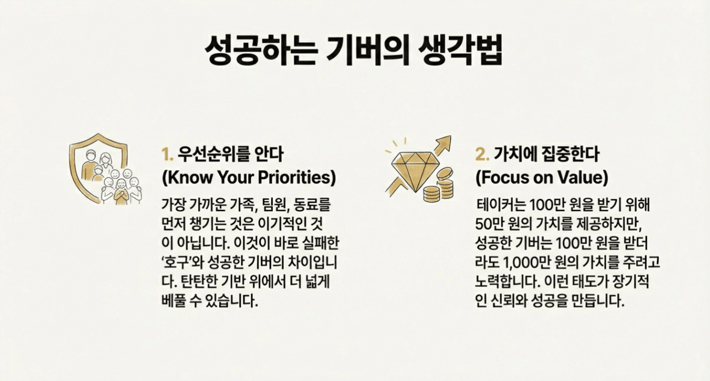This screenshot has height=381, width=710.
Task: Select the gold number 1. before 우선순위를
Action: [x=168, y=154]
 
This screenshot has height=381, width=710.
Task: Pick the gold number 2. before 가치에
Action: [x=483, y=154]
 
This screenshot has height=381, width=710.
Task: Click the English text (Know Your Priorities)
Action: [x=249, y=177]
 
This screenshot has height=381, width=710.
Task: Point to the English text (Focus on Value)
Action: [x=542, y=177]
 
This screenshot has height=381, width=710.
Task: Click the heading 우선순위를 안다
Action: [x=231, y=154]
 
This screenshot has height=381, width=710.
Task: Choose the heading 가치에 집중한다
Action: [x=546, y=154]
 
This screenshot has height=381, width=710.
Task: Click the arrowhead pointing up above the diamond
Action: [x=445, y=142]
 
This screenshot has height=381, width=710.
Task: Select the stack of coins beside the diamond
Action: [x=439, y=186]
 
